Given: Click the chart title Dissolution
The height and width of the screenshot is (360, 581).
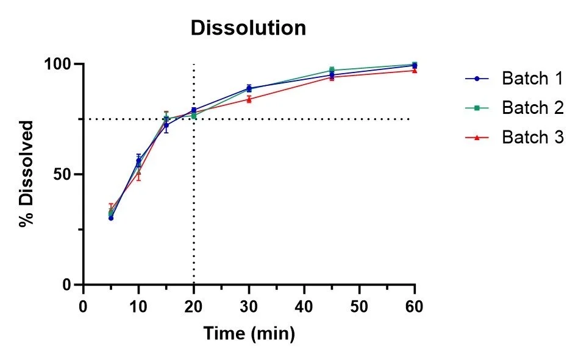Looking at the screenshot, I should click(248, 29).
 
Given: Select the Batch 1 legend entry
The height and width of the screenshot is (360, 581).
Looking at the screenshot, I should click(532, 79).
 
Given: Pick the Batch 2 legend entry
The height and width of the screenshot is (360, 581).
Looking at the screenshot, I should click(532, 108).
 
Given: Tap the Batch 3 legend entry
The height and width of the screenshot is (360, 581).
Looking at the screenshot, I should click(532, 138).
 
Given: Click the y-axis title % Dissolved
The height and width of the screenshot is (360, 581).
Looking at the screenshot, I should click(26, 174).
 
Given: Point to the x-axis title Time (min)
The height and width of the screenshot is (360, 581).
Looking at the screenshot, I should click(249, 334).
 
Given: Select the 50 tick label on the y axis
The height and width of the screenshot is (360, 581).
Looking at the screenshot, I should click(63, 174).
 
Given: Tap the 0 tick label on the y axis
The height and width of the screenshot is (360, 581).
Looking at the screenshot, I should click(68, 284).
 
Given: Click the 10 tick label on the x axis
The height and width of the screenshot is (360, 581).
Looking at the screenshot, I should click(138, 305).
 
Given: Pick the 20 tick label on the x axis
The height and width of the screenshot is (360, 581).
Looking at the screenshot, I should click(194, 305).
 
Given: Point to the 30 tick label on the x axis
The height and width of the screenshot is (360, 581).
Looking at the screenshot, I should click(249, 305).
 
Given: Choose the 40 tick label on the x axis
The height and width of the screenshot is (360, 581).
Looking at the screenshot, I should click(304, 305).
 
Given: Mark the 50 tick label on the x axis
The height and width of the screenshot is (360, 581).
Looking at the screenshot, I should click(360, 305).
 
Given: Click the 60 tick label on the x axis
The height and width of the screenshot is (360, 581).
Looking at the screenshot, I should click(415, 305).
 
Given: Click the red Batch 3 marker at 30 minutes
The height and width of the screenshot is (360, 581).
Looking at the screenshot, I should click(249, 99).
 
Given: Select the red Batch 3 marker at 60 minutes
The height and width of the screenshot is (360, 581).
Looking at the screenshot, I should click(415, 71).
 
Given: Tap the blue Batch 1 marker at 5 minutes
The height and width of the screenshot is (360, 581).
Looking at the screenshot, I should click(111, 217).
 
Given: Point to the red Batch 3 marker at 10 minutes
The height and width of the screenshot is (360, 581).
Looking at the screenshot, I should click(138, 173).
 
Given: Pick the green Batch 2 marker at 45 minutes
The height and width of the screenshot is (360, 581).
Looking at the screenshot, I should click(332, 70).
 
